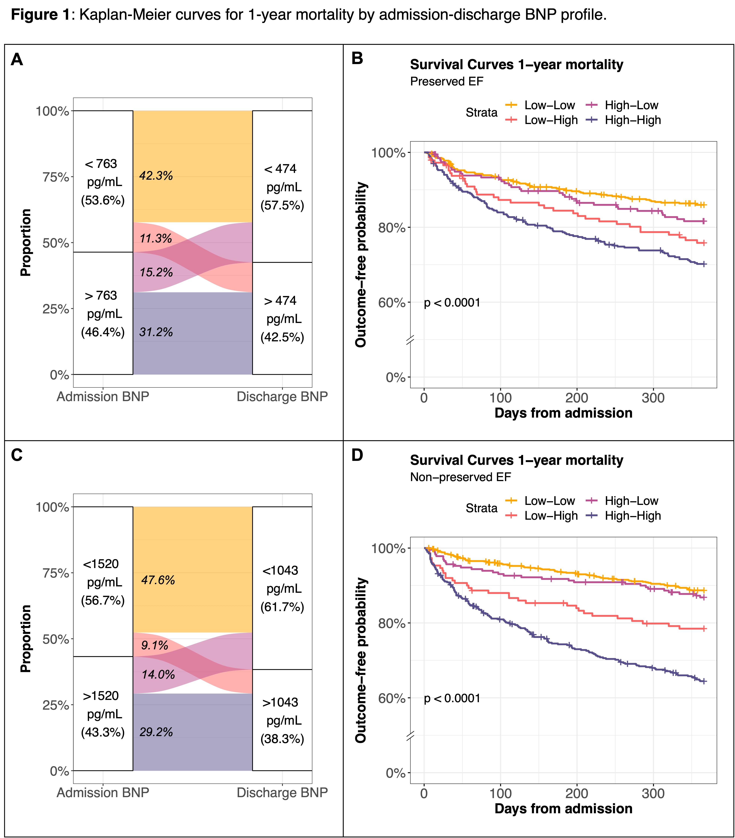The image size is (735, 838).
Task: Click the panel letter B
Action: [x=357, y=59]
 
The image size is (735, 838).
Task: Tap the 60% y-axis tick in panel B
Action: [x=391, y=303]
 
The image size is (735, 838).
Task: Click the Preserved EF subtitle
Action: [x=446, y=81]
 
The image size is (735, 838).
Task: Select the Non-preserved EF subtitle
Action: [x=460, y=477]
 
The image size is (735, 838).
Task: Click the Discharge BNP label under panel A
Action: [x=282, y=397]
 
